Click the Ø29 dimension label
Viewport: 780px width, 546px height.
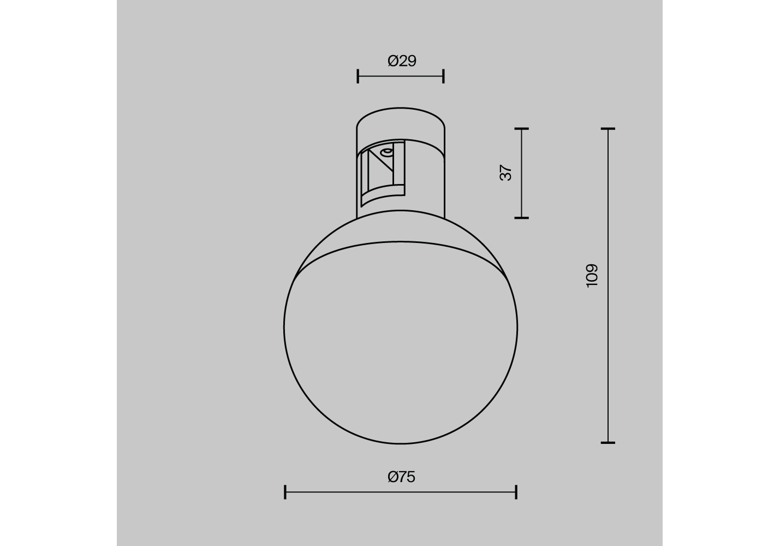click(x=402, y=61)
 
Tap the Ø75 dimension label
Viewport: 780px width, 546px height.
click(x=402, y=477)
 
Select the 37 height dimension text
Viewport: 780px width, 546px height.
click(x=505, y=173)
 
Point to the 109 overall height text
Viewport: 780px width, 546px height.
click(x=592, y=275)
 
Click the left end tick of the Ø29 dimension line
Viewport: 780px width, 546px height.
click(x=358, y=76)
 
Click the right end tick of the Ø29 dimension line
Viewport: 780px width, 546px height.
click(x=443, y=76)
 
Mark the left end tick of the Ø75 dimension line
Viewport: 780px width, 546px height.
click(x=285, y=492)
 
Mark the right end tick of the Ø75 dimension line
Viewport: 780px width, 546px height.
click(x=516, y=492)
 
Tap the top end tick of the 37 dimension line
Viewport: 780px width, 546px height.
click(x=522, y=129)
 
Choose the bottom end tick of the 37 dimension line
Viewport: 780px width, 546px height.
click(x=522, y=218)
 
